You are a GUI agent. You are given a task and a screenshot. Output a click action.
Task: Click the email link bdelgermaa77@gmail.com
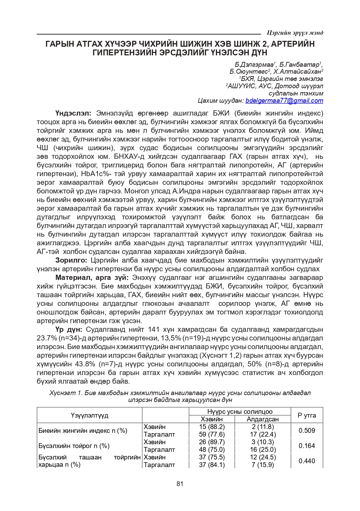click(x=284, y=101)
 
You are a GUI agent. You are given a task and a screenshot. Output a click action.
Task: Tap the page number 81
click(x=180, y=484)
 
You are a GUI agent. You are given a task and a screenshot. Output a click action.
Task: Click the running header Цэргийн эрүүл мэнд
click(x=295, y=33)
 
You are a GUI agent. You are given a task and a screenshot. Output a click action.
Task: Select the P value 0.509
click(x=307, y=430)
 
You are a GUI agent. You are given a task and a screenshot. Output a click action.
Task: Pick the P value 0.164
click(x=307, y=446)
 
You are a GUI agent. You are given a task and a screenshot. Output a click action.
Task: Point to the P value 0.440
click(x=307, y=461)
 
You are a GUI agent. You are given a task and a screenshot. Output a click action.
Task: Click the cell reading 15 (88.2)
click(x=212, y=427)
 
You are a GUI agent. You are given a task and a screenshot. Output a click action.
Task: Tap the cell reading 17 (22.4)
click(x=263, y=434)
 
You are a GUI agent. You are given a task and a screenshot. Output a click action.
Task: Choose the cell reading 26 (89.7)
click(x=212, y=442)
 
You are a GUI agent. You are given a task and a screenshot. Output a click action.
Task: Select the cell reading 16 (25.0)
click(x=263, y=449)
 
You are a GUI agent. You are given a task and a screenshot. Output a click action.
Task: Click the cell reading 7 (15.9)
click(x=263, y=465)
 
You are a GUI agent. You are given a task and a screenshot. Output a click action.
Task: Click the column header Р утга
click(x=307, y=415)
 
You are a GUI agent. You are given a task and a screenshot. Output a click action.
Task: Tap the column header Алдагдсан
click(x=263, y=419)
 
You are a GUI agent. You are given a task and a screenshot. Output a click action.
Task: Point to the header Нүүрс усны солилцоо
click(x=240, y=411)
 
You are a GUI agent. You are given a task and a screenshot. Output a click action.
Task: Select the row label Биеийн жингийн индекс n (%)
click(x=83, y=430)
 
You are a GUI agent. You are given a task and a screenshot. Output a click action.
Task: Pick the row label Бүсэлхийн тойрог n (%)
click(x=74, y=446)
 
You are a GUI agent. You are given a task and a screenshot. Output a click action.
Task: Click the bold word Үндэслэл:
click(x=73, y=113)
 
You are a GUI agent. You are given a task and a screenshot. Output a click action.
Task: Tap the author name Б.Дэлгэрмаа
click(x=254, y=65)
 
